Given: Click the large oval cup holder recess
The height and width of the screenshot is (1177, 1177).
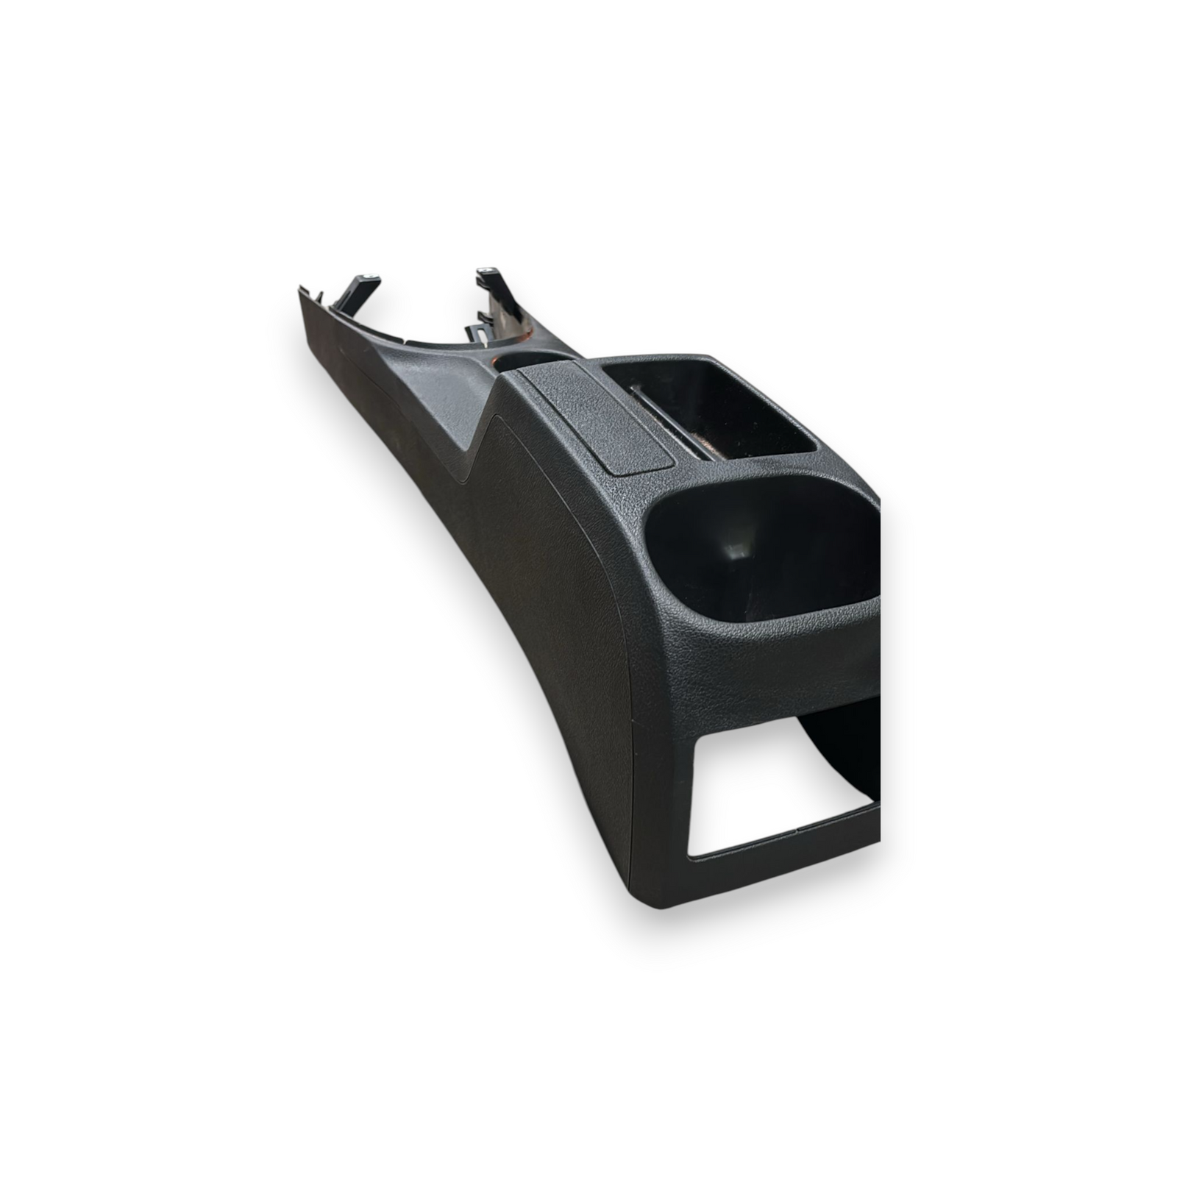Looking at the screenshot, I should pos(765,559).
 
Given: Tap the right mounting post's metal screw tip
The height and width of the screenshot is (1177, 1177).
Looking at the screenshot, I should pos(486,271).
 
